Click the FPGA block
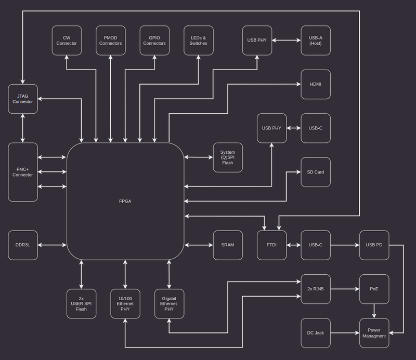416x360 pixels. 125,201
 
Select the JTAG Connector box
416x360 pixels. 23,99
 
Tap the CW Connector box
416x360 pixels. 67,41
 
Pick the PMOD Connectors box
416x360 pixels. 111,41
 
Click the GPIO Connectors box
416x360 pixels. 154,41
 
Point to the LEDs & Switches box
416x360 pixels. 199,41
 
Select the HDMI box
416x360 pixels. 316,84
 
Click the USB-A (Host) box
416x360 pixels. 316,41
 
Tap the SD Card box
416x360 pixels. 316,172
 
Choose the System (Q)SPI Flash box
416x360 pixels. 228,157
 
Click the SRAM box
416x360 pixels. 228,245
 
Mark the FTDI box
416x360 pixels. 271,245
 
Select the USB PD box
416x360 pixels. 374,245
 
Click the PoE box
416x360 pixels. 374,289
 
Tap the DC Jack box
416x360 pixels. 316,333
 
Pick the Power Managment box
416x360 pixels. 374,333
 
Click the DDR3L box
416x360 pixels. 23,245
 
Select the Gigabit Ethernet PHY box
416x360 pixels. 169,303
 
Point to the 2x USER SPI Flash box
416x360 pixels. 81,303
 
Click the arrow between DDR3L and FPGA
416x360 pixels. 52,245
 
